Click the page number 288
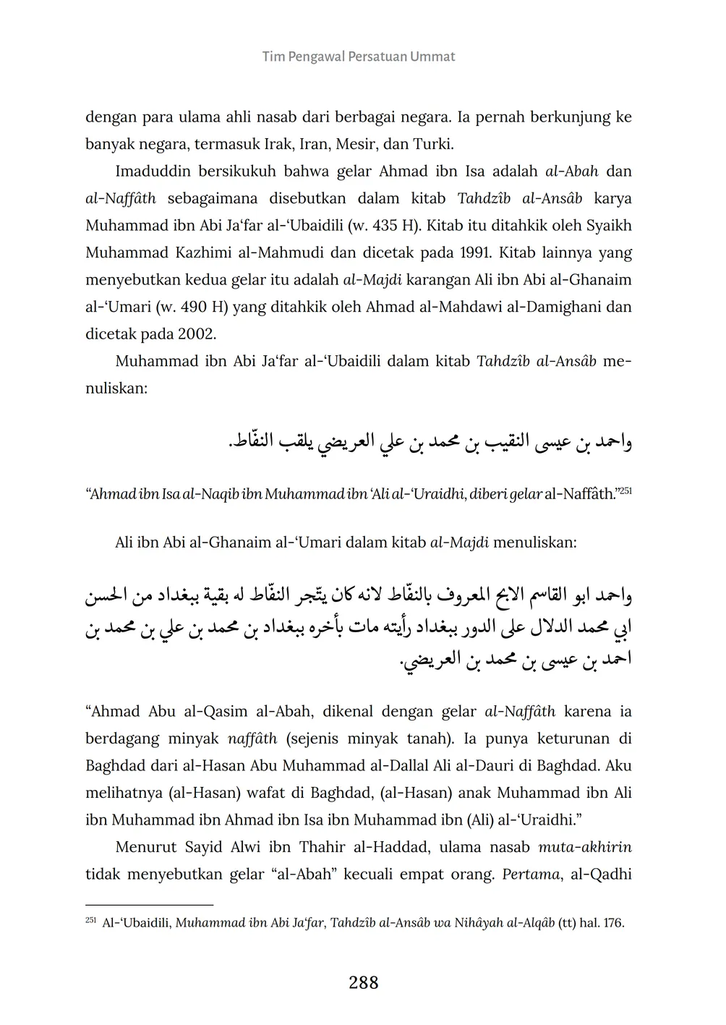[x=363, y=982]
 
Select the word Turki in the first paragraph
[x=432, y=144]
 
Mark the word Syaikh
[x=608, y=226]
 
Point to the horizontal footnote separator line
[x=149, y=904]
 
